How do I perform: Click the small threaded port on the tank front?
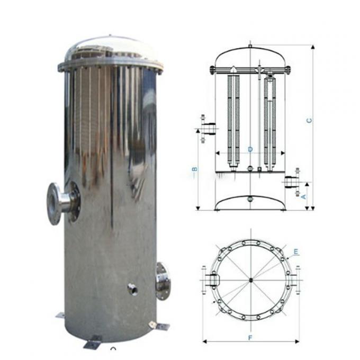click(132, 289)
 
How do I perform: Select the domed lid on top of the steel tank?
click(111, 50)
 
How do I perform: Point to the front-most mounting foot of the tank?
click(92, 343)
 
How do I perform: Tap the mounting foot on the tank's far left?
click(60, 316)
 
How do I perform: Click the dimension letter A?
click(303, 196)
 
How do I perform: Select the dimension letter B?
click(194, 169)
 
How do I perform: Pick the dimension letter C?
click(309, 121)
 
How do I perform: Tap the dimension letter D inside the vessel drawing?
click(250, 150)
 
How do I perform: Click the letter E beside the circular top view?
click(296, 251)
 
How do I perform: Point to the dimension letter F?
click(251, 336)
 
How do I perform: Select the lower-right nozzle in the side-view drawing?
click(290, 182)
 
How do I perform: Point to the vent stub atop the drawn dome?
click(250, 46)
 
